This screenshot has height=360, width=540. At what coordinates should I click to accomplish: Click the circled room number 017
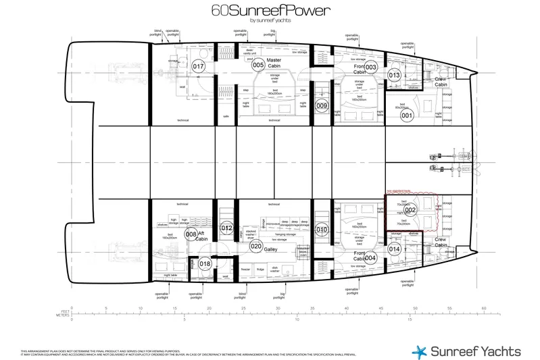[198, 67]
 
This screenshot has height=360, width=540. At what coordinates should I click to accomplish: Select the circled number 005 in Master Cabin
[257, 65]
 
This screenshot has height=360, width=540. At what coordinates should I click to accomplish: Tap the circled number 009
[322, 105]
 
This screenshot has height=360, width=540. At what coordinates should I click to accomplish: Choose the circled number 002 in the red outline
[410, 210]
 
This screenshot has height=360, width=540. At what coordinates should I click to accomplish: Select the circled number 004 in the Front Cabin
[370, 257]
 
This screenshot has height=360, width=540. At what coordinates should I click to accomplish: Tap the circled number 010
[322, 229]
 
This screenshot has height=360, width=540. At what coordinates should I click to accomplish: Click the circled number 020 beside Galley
[255, 247]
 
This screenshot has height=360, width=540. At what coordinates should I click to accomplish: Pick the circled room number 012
[226, 229]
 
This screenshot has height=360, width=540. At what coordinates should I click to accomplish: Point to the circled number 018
[205, 264]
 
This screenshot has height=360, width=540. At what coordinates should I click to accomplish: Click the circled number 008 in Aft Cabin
[191, 235]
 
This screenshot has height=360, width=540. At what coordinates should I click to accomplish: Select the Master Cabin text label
[274, 62]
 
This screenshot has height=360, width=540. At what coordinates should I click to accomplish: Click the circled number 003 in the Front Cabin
[370, 67]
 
